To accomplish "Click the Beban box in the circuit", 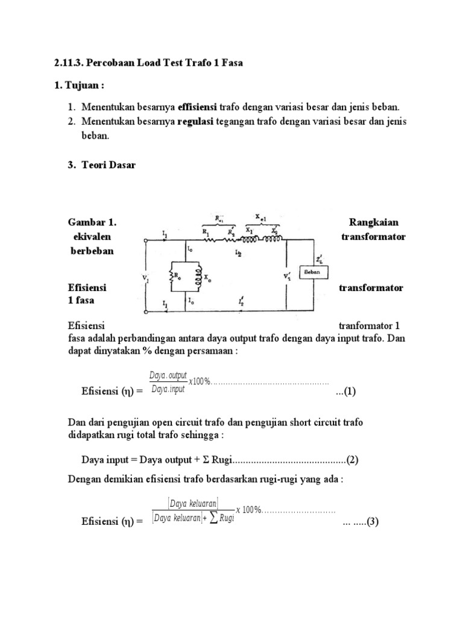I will [x=316, y=272].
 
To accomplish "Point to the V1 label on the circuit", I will [x=146, y=278].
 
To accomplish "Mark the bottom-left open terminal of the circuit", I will [x=145, y=313].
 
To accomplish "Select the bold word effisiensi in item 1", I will [x=196, y=107].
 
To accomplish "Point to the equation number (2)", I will [x=352, y=460].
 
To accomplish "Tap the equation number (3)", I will [x=370, y=522].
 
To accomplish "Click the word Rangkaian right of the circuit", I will [x=378, y=222].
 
